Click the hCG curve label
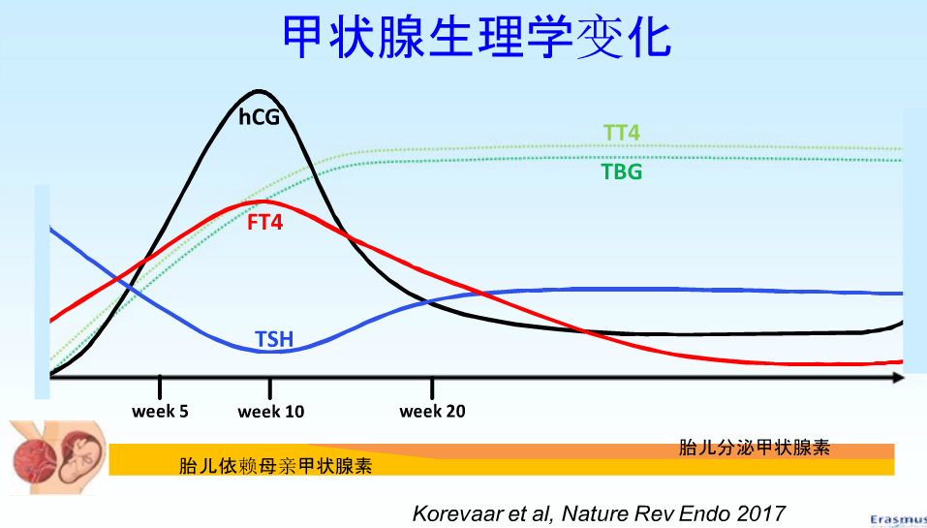click(x=259, y=116)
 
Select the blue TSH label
click(x=274, y=339)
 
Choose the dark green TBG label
click(x=621, y=172)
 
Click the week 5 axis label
click(x=160, y=412)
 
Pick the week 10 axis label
click(x=271, y=412)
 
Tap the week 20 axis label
click(x=432, y=412)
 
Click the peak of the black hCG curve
click(x=258, y=91)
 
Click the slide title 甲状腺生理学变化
click(x=477, y=38)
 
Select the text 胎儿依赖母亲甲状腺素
click(x=276, y=465)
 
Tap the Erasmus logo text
click(x=897, y=520)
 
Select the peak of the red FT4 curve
click(x=263, y=202)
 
